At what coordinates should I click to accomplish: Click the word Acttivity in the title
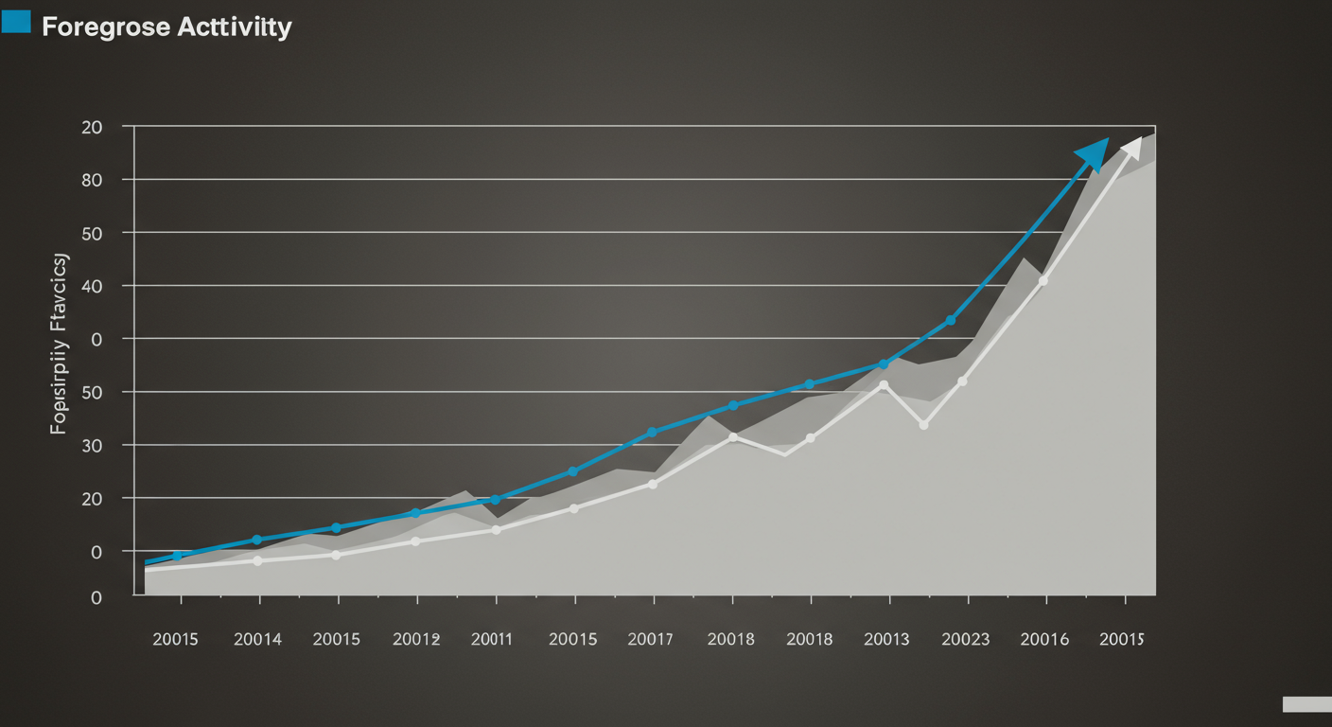pyautogui.click(x=235, y=27)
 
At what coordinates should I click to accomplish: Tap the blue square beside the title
pyautogui.click(x=16, y=22)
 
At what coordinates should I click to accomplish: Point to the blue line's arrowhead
pyautogui.click(x=1094, y=151)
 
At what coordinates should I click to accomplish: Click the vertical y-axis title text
pyautogui.click(x=60, y=343)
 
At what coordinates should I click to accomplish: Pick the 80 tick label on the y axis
pyautogui.click(x=92, y=179)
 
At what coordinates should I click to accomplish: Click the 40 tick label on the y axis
pyautogui.click(x=92, y=285)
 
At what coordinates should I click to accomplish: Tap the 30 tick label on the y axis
pyautogui.click(x=92, y=445)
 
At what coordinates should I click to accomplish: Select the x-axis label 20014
pyautogui.click(x=257, y=639)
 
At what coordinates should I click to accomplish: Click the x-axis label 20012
pyautogui.click(x=416, y=639)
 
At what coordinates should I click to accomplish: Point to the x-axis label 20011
pyautogui.click(x=491, y=639)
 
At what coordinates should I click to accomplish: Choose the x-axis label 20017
pyautogui.click(x=651, y=639)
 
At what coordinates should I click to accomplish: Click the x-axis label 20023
pyautogui.click(x=965, y=639)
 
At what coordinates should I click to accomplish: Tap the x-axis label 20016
pyautogui.click(x=1044, y=639)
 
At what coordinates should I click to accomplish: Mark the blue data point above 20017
pyautogui.click(x=651, y=433)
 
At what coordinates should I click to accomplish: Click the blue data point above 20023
pyautogui.click(x=950, y=321)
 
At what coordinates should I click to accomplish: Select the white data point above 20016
pyautogui.click(x=1043, y=280)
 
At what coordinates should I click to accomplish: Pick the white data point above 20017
pyautogui.click(x=653, y=484)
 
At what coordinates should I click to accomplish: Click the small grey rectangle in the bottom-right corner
pyautogui.click(x=1306, y=703)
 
